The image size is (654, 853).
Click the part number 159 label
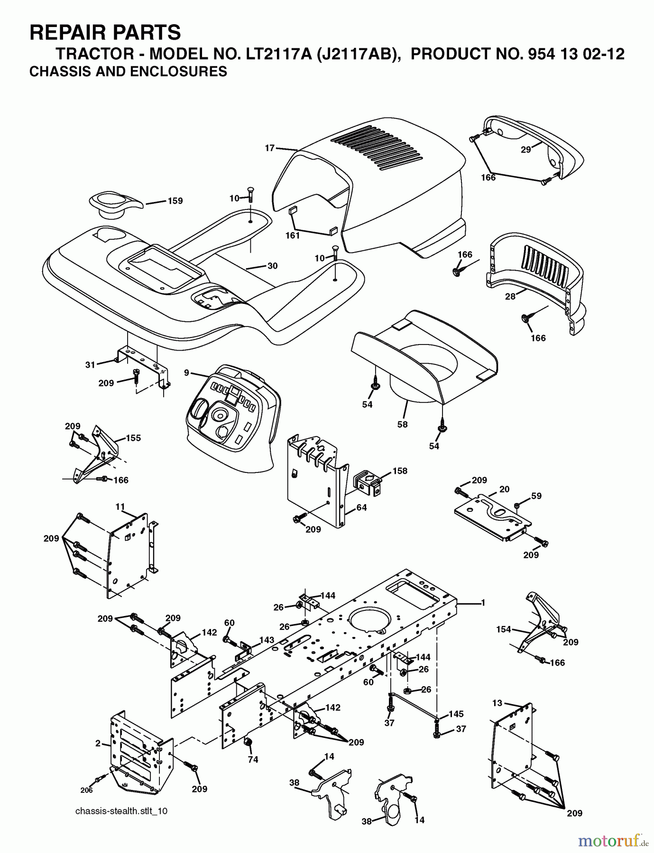click(x=175, y=201)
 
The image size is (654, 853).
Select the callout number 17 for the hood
click(x=270, y=148)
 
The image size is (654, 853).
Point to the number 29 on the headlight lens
click(x=525, y=149)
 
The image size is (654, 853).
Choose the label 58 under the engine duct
click(x=402, y=424)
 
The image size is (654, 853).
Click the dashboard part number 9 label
click(x=187, y=373)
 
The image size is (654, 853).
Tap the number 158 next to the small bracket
click(x=400, y=471)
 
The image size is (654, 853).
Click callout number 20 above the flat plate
click(x=504, y=489)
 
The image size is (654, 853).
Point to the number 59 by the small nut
click(x=536, y=496)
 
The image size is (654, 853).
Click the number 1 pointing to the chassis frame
click(x=483, y=603)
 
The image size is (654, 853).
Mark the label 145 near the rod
click(x=456, y=714)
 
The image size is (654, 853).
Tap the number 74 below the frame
click(x=253, y=760)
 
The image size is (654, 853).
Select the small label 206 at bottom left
click(x=86, y=790)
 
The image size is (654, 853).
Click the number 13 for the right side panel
click(x=497, y=703)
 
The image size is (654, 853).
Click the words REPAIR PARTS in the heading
click(x=105, y=33)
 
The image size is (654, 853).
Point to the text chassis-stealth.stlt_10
click(x=121, y=811)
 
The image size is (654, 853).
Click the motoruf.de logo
click(x=613, y=841)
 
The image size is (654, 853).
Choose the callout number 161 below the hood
click(x=293, y=235)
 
